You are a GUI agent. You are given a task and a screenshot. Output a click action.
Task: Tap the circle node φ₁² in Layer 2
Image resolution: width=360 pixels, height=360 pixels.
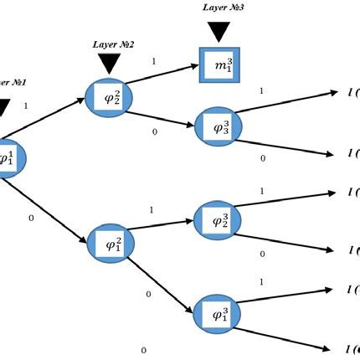tap(112, 245)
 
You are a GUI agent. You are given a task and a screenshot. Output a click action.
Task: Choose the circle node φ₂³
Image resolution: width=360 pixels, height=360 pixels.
tap(218, 220)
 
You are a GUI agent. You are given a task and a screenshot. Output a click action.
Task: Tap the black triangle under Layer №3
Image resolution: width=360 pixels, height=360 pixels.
tap(219, 31)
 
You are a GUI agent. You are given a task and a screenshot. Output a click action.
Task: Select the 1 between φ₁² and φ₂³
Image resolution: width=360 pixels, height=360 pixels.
tap(151, 209)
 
